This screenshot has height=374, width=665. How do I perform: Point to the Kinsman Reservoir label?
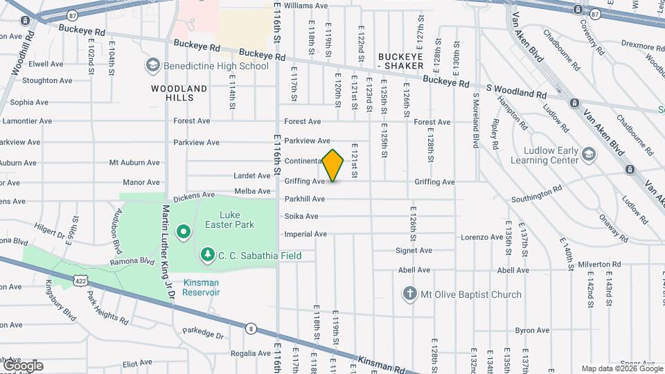tap(201, 287)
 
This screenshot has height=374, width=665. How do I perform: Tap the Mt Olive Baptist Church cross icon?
tap(409, 294)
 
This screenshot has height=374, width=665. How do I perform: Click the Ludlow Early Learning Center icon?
tap(589, 154)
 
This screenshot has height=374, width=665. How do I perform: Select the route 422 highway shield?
tap(81, 279)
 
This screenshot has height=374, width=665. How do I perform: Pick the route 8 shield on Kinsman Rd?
tap(251, 328)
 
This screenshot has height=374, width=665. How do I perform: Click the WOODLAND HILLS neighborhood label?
tap(179, 93)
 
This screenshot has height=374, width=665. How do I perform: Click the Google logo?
tap(23, 365)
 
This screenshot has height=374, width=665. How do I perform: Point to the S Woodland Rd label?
tap(516, 92)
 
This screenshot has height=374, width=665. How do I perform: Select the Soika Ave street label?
tap(301, 216)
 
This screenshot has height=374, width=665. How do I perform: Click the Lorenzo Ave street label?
tap(481, 237)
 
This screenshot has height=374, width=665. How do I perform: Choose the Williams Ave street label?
tap(305, 6)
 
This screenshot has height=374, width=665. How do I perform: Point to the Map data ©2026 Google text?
tap(621, 368)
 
